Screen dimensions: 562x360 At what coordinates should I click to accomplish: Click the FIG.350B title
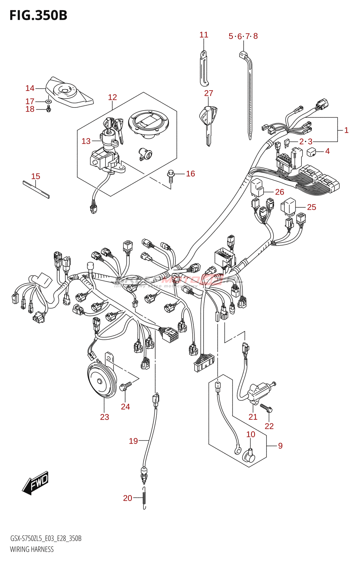click(x=38, y=15)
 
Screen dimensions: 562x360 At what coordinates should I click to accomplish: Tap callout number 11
click(x=204, y=35)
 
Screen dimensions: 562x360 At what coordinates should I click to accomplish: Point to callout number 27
click(x=208, y=93)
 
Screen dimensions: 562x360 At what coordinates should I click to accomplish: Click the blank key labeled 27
click(x=208, y=123)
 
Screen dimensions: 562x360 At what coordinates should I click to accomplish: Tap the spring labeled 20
click(x=144, y=498)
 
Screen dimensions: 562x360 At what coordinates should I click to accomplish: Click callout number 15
click(x=36, y=176)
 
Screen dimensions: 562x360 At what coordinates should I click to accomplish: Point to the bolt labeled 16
click(x=171, y=176)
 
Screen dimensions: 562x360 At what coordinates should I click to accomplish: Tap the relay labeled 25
click(x=288, y=206)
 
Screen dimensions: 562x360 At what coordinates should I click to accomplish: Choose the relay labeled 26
click(x=257, y=188)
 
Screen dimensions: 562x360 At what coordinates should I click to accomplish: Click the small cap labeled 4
click(x=311, y=152)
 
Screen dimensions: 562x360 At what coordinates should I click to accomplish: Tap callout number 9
click(x=280, y=446)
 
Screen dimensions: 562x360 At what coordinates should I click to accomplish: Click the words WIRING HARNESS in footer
click(x=32, y=549)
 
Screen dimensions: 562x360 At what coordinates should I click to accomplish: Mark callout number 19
click(x=133, y=441)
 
